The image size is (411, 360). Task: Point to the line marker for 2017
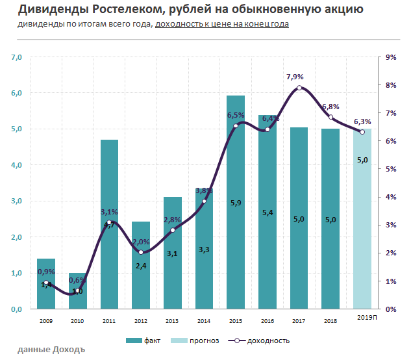299,88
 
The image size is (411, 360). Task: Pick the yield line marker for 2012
141,252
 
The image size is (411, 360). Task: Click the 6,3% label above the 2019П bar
362,122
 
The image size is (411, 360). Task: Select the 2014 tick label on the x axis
204,320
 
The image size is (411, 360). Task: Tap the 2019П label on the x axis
367,316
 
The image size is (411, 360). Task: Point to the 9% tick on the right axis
391,57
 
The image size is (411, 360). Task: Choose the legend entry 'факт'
147,341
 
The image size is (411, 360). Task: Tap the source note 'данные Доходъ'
51,350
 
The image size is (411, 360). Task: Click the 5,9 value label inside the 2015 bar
236,203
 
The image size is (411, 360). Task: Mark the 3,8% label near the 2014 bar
204,191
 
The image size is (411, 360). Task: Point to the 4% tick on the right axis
391,197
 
